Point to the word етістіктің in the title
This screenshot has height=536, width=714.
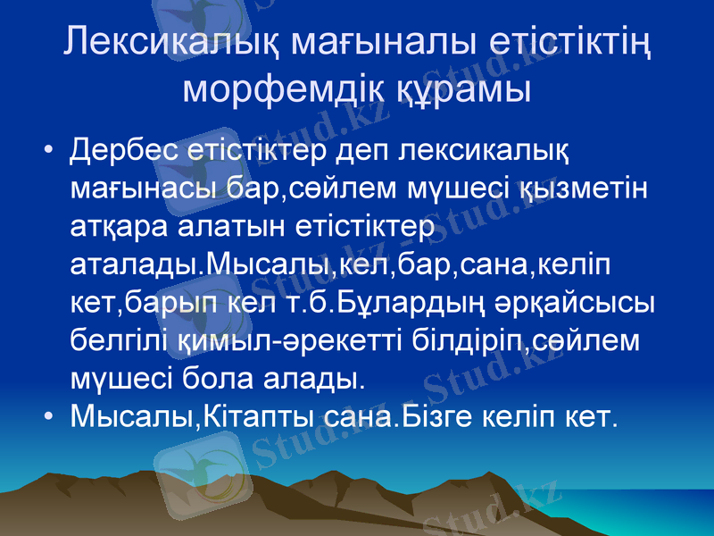coord(571,45)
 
